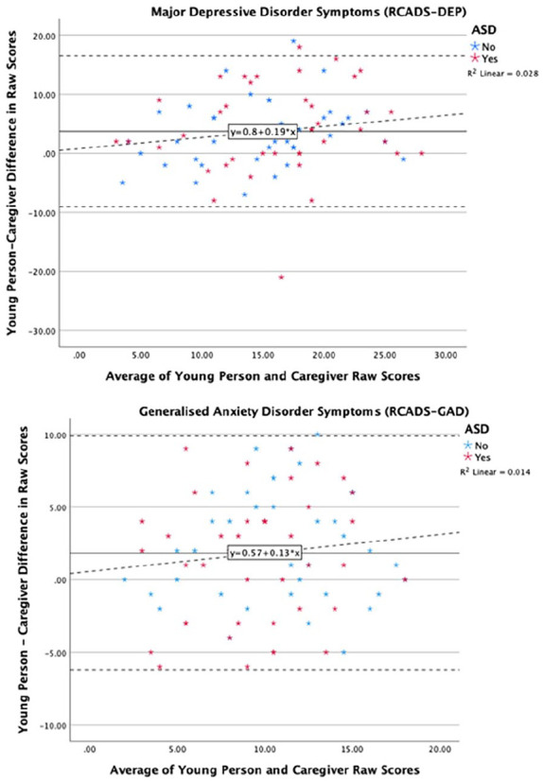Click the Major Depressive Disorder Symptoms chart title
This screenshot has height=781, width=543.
[x=308, y=11]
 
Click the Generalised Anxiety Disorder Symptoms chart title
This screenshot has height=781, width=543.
[x=304, y=411]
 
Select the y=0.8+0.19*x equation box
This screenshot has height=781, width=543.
[x=263, y=131]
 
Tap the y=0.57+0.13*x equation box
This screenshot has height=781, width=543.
[x=265, y=553]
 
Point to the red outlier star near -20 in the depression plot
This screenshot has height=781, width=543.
[x=281, y=277]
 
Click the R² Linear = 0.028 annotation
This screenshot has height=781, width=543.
[x=502, y=73]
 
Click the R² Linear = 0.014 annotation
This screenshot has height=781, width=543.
[x=495, y=472]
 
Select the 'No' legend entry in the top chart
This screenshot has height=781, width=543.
[x=483, y=47]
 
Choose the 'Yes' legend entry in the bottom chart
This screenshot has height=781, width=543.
[x=477, y=458]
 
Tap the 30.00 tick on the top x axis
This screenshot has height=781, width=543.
[x=446, y=356]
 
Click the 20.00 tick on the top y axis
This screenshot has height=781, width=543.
[x=44, y=36]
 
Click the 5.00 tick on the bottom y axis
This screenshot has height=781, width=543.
[x=56, y=508]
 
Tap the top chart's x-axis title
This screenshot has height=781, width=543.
[x=263, y=376]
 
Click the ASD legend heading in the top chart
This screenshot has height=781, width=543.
[x=483, y=30]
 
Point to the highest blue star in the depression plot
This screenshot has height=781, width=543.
[x=293, y=42]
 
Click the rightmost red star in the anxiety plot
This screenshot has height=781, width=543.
[x=405, y=580]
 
